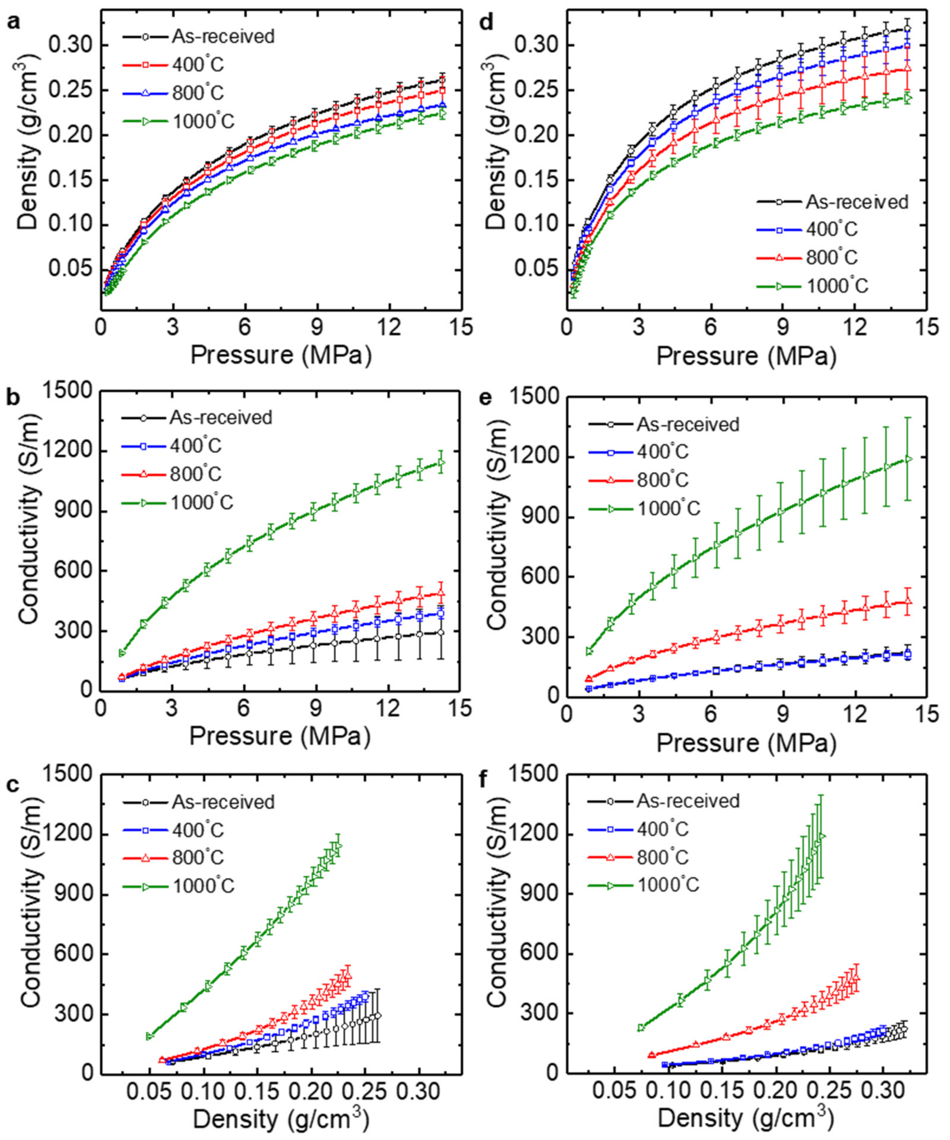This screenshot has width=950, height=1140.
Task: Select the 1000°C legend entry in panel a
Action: pos(202,122)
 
